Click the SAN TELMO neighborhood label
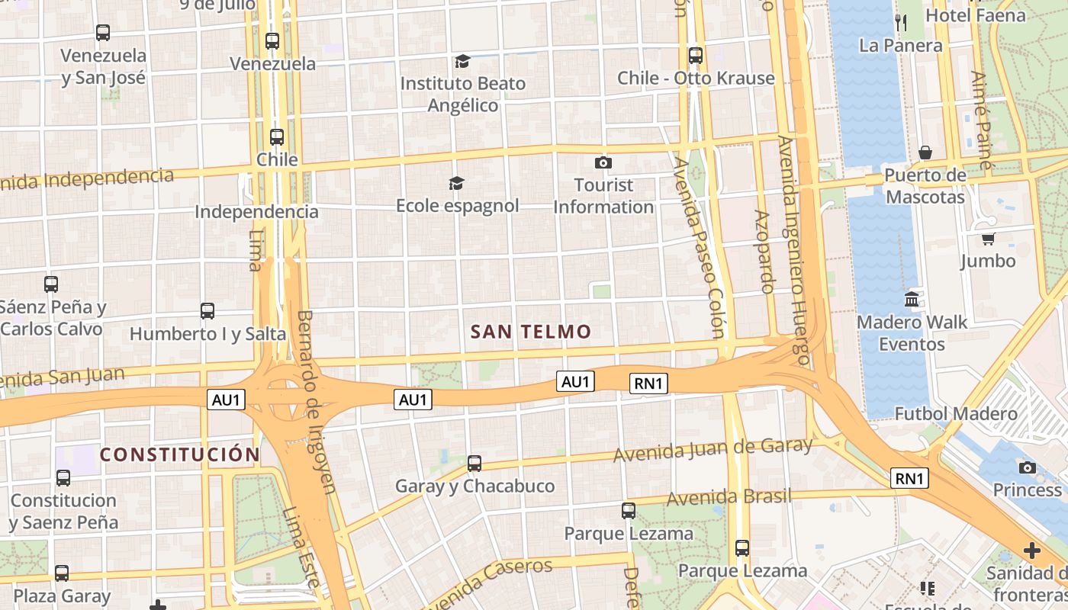click(531, 332)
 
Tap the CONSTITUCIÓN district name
click(180, 455)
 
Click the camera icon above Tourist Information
click(603, 162)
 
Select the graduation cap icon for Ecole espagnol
click(456, 183)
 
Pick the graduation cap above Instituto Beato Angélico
click(462, 61)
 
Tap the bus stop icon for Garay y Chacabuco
click(474, 463)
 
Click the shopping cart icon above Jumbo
click(988, 239)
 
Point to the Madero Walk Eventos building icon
click(912, 299)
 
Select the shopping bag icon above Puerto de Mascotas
click(925, 152)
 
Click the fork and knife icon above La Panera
click(901, 23)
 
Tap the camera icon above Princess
click(1028, 467)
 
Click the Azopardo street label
click(764, 252)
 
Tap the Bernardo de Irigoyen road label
click(317, 401)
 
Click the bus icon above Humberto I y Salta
click(207, 310)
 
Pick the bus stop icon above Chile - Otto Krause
click(696, 55)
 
